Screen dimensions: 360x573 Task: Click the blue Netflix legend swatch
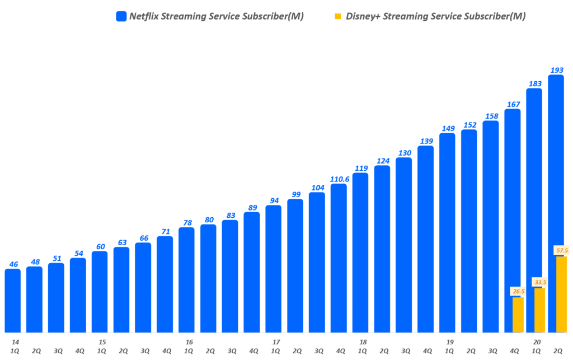[x=121, y=16]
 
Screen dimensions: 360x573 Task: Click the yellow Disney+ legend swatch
[x=337, y=16]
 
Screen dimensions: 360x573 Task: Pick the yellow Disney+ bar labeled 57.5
[x=561, y=294]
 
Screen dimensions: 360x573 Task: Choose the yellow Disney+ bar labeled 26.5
[x=518, y=315]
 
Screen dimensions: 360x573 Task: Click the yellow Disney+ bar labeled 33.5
[x=539, y=310]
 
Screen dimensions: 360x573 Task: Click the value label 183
[x=534, y=84]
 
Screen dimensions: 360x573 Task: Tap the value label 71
[x=165, y=231]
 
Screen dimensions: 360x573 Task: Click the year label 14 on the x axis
[x=15, y=342]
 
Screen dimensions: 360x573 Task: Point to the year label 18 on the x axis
[x=363, y=342]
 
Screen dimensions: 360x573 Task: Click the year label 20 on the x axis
[x=537, y=342]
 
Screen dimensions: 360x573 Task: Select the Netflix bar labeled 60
[x=100, y=292]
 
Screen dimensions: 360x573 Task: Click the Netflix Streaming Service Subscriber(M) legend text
[x=217, y=16]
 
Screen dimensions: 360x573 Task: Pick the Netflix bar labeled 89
[x=252, y=272]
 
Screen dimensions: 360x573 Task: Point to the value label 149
[x=447, y=128]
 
